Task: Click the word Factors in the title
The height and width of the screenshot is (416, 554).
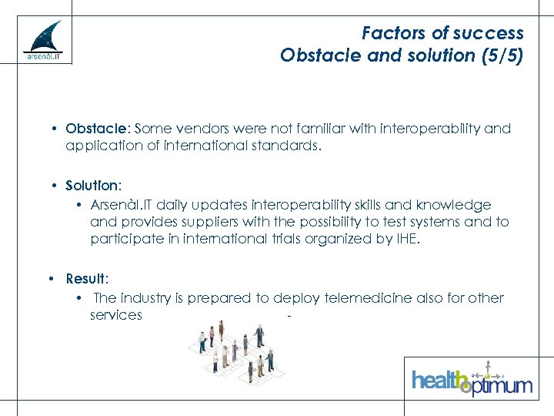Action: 391,33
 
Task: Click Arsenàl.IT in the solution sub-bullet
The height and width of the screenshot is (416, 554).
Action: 122,205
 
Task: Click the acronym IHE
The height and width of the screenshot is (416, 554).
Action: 405,239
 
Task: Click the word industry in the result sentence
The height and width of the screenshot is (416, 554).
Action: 149,298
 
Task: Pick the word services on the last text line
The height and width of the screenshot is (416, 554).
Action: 115,315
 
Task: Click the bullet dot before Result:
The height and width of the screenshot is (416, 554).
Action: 50,279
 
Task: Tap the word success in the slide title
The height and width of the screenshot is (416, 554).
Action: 487,33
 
